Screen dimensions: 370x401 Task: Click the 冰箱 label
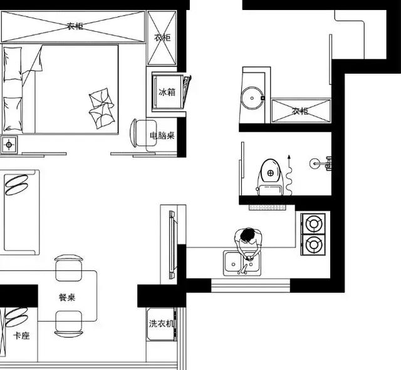tap(167, 92)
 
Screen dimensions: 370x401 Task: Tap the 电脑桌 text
tap(162, 135)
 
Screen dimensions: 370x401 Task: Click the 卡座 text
tap(21, 336)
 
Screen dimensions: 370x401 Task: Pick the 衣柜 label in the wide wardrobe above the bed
tap(75, 26)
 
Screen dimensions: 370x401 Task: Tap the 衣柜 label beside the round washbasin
tap(300, 111)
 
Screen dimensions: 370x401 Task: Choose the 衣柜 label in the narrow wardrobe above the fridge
tap(162, 38)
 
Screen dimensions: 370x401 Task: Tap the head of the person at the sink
tap(248, 236)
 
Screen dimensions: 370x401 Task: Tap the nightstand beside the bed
tap(9, 145)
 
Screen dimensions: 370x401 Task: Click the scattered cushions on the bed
tap(100, 107)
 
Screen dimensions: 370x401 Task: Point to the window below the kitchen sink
tap(250, 285)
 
